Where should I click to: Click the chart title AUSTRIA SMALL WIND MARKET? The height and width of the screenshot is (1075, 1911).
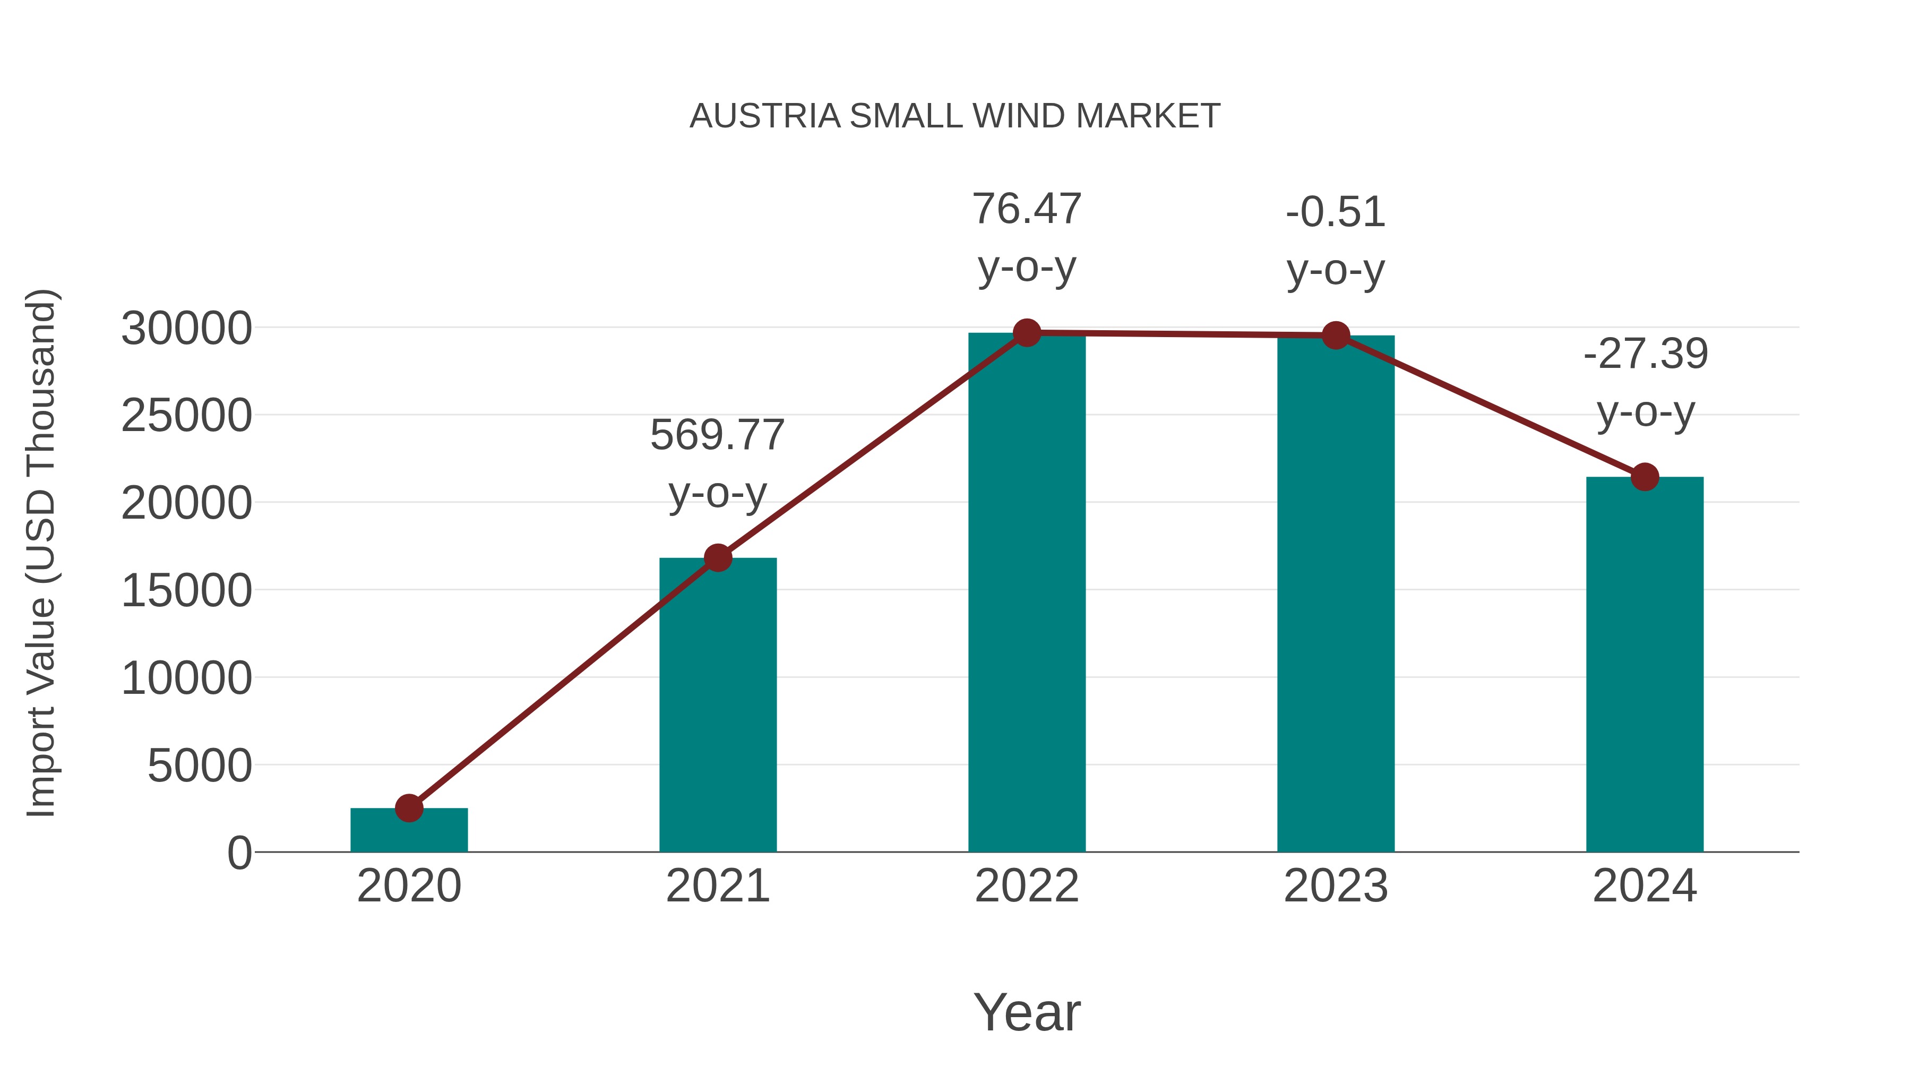(955, 116)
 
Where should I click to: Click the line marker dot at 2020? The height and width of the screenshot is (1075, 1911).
(409, 808)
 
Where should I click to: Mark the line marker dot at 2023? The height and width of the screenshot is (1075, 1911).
(1336, 336)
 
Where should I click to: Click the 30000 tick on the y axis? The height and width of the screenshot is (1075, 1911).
(186, 329)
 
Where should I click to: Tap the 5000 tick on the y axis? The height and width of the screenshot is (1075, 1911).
(200, 766)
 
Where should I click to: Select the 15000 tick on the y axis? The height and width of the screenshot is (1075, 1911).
(186, 591)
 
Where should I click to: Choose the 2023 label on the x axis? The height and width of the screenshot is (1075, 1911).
(1336, 886)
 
